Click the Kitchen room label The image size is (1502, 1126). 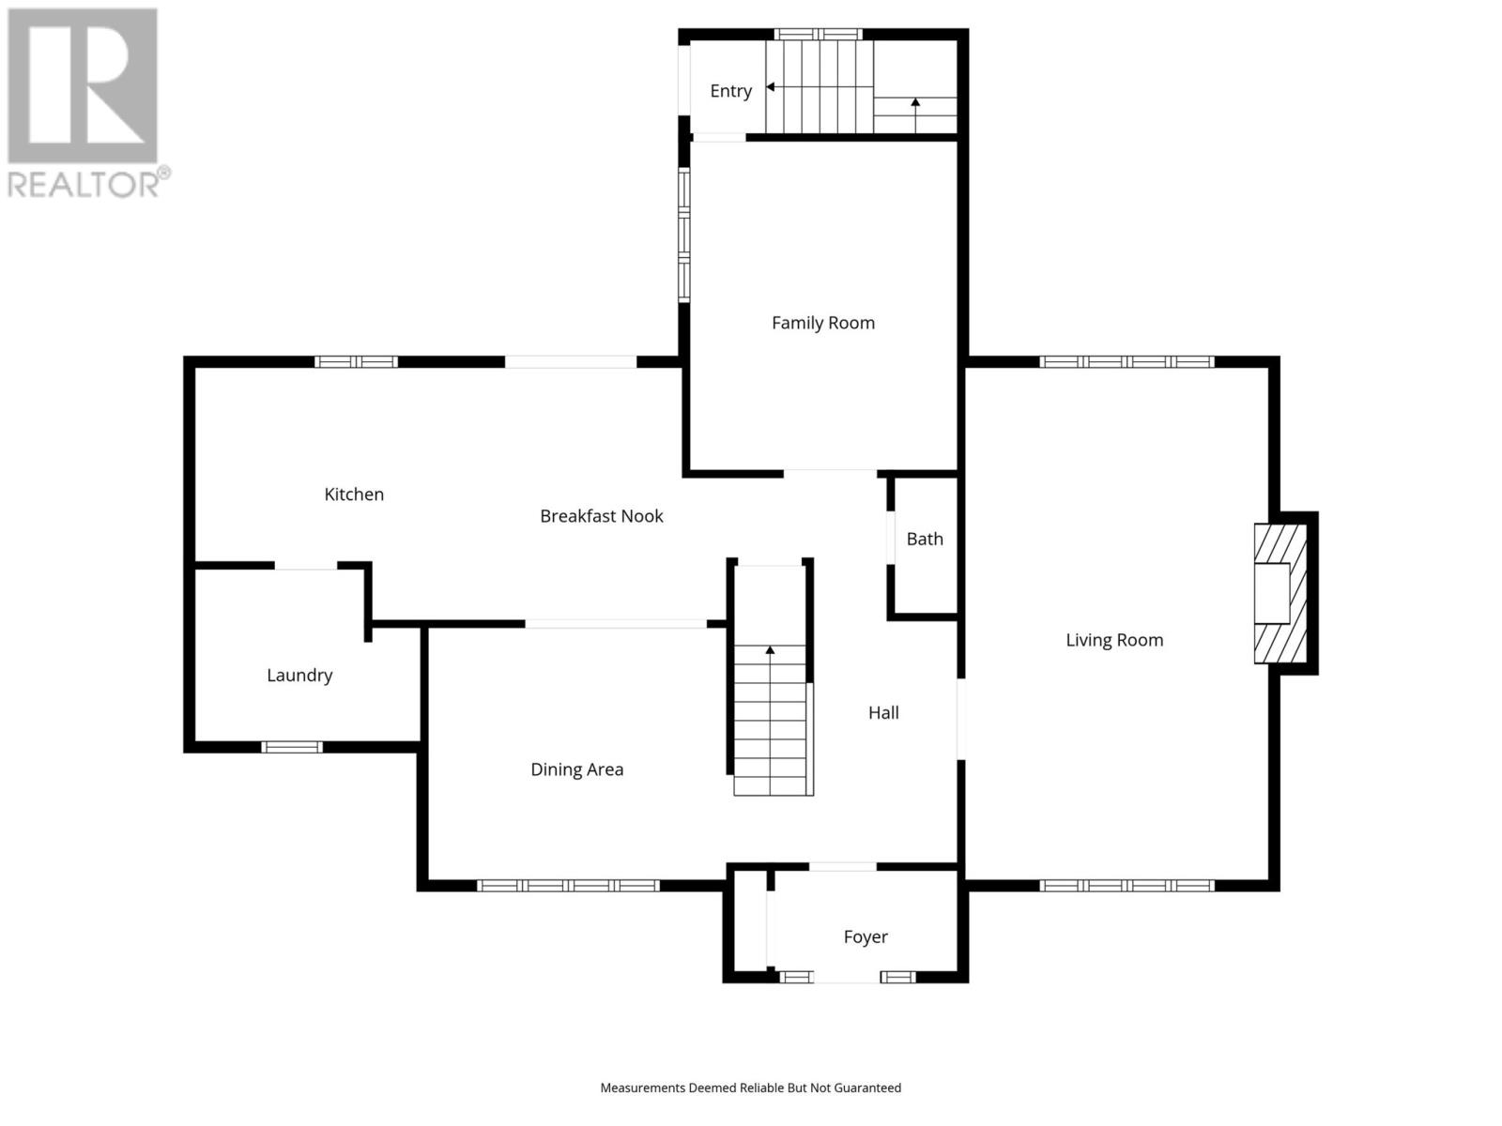[354, 495]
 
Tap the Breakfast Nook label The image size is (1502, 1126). [601, 516]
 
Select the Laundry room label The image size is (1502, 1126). [299, 676]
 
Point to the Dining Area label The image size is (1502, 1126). [576, 769]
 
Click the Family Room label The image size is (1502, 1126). [822, 323]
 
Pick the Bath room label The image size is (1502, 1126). [924, 539]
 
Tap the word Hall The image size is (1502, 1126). [882, 713]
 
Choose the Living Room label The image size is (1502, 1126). [1113, 640]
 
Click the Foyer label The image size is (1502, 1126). [865, 936]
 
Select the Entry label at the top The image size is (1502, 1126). [730, 91]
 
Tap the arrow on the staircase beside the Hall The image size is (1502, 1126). [770, 649]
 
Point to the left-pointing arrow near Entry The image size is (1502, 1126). [770, 87]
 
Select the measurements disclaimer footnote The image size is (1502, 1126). [750, 1088]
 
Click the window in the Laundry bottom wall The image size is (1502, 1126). [291, 747]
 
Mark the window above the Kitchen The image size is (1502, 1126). [356, 362]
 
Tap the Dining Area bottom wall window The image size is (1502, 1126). [568, 886]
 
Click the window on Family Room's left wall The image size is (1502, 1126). [684, 235]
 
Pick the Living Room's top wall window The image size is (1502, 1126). [1126, 362]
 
